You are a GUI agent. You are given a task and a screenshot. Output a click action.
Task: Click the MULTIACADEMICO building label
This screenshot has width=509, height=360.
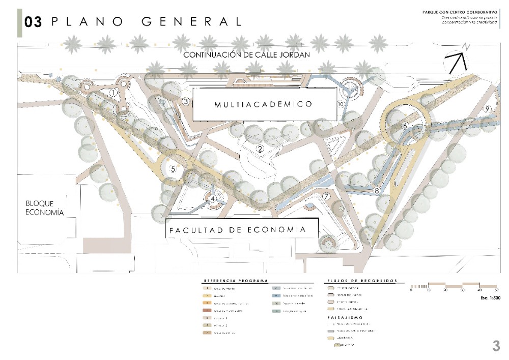[x=263, y=104]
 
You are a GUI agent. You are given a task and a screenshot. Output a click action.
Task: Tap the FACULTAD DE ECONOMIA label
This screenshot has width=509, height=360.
[x=238, y=230]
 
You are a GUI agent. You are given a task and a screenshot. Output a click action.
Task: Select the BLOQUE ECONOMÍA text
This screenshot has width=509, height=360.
[x=45, y=208]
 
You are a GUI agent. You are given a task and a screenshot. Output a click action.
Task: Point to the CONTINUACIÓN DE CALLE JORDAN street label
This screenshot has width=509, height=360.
[x=247, y=54]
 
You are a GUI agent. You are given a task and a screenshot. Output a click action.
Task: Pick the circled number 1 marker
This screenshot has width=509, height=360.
[x=114, y=93]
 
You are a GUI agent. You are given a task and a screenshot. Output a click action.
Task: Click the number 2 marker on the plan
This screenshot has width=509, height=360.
[x=260, y=149]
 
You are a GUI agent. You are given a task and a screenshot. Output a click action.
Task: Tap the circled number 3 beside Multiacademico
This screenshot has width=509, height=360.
[x=186, y=102]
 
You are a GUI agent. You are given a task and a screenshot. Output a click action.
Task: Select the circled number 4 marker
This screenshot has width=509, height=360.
[x=213, y=199]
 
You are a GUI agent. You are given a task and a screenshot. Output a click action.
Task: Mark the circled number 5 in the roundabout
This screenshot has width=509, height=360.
[x=173, y=170]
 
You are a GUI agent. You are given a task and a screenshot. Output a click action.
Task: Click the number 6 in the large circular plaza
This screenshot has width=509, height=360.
[x=405, y=126]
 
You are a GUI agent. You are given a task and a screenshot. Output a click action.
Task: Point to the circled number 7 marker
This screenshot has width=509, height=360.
[x=326, y=196]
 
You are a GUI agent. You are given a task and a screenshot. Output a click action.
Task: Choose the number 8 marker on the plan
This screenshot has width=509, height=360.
[x=377, y=191]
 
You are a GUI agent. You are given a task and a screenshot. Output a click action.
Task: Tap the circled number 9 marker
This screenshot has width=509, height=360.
[x=487, y=108]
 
